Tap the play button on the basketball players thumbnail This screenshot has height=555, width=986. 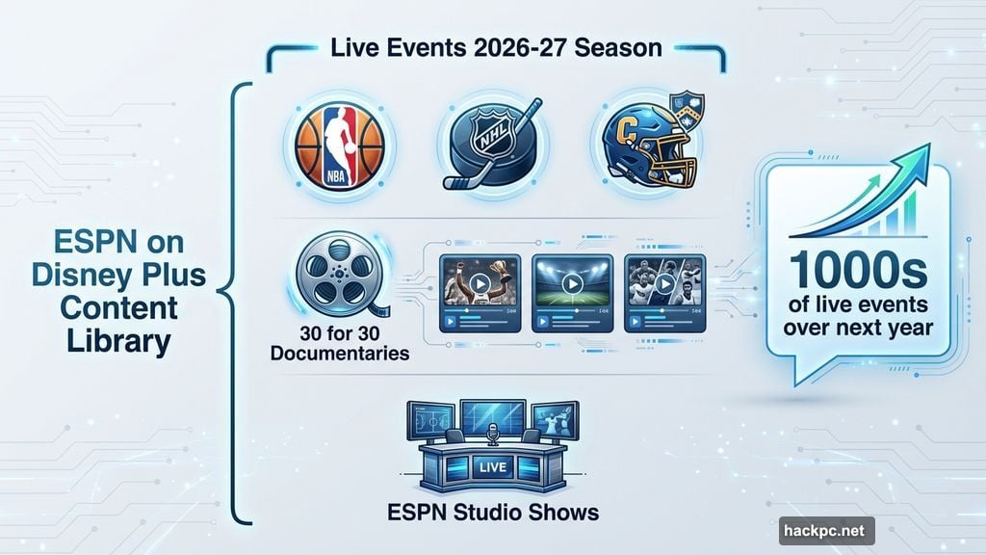[x=664, y=284]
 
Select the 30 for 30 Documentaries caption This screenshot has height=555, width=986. [x=339, y=343]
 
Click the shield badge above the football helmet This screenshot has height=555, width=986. [x=688, y=106]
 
